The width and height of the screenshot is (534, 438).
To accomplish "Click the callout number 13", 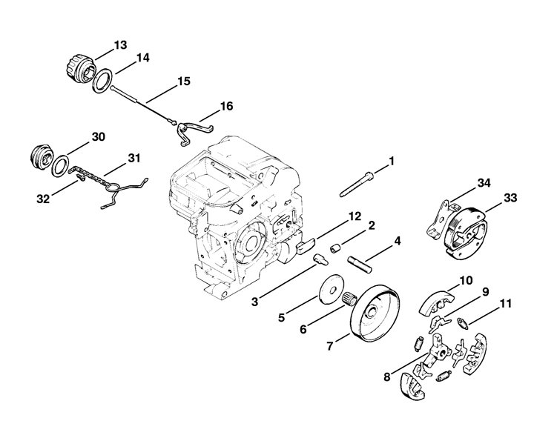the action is [x=120, y=45].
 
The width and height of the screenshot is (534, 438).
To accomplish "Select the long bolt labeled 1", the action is [x=357, y=185].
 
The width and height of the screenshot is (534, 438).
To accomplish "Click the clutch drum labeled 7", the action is [x=375, y=313].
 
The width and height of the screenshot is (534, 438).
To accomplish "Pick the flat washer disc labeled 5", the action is [x=332, y=290].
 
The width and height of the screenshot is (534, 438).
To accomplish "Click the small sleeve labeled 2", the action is [x=335, y=249].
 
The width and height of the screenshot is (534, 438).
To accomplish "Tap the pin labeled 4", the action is [x=360, y=265].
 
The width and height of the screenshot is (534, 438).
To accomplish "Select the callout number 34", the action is [x=484, y=183].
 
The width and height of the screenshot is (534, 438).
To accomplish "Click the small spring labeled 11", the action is [x=463, y=323].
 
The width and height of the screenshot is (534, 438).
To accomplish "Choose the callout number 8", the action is [x=387, y=376].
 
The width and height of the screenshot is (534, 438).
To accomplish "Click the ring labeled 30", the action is [x=60, y=166].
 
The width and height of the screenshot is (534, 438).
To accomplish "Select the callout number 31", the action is [x=133, y=159].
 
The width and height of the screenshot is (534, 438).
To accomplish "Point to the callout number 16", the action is [x=226, y=106].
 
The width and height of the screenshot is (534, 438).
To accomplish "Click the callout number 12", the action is [x=355, y=216].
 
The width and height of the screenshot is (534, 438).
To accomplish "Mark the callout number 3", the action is [x=255, y=302].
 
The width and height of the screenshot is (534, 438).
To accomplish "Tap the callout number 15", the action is [x=184, y=82].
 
